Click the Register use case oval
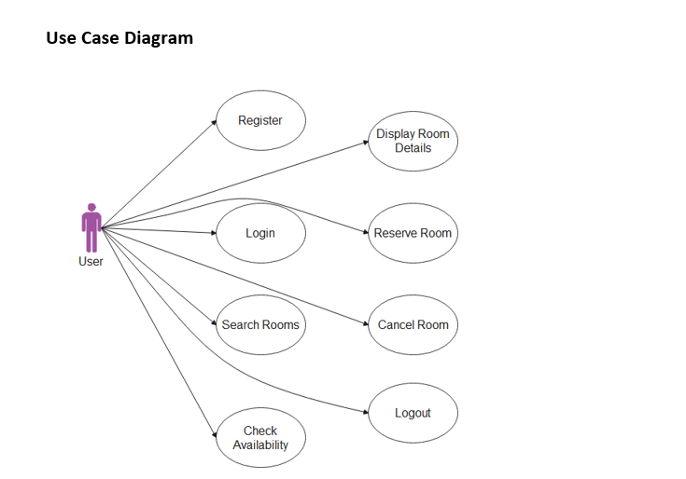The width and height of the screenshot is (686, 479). click(260, 120)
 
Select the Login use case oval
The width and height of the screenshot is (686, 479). click(260, 233)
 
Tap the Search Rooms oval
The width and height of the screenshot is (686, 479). click(260, 325)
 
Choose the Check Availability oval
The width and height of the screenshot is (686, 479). click(260, 438)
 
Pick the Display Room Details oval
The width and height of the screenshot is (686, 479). click(413, 141)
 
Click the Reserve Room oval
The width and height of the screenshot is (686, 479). click(413, 233)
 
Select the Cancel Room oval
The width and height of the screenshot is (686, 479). click(413, 325)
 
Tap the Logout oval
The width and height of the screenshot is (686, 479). click(413, 413)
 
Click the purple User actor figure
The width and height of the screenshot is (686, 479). click(91, 228)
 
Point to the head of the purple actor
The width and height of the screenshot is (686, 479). click(91, 207)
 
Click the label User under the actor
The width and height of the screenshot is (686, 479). click(91, 262)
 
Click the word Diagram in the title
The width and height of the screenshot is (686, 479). click(160, 38)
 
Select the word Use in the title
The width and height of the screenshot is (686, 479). click(61, 38)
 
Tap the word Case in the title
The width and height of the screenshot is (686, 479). click(101, 38)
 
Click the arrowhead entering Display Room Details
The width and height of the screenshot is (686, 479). click(366, 142)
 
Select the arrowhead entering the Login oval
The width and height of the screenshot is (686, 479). click(214, 233)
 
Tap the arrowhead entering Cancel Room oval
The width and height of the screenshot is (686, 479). click(366, 324)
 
